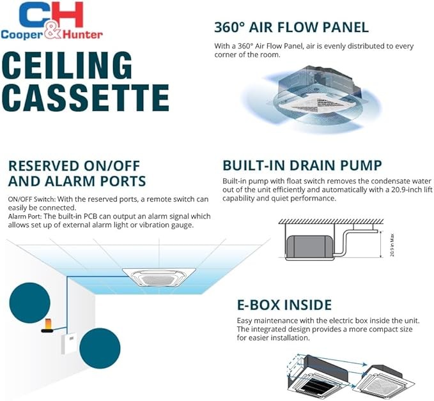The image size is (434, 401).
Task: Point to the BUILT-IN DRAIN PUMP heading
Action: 302,167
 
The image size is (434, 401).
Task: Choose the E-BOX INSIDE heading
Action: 277,305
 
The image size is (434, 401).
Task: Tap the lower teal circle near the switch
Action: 100,348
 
